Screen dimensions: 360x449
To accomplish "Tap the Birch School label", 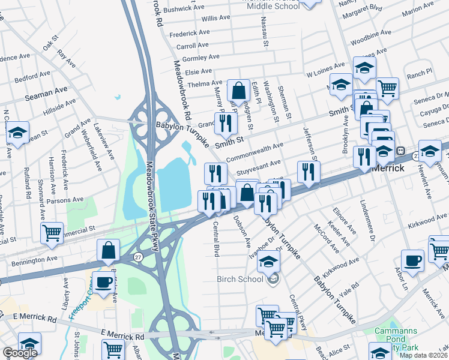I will [240, 279].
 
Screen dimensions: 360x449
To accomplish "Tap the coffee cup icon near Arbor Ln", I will [412, 260].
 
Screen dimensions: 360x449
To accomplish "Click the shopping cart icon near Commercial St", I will [52, 232].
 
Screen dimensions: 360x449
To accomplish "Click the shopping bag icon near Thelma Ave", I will [238, 91].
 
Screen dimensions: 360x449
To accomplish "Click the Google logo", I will [20, 353].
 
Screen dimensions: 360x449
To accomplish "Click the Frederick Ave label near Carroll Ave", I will [191, 34].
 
